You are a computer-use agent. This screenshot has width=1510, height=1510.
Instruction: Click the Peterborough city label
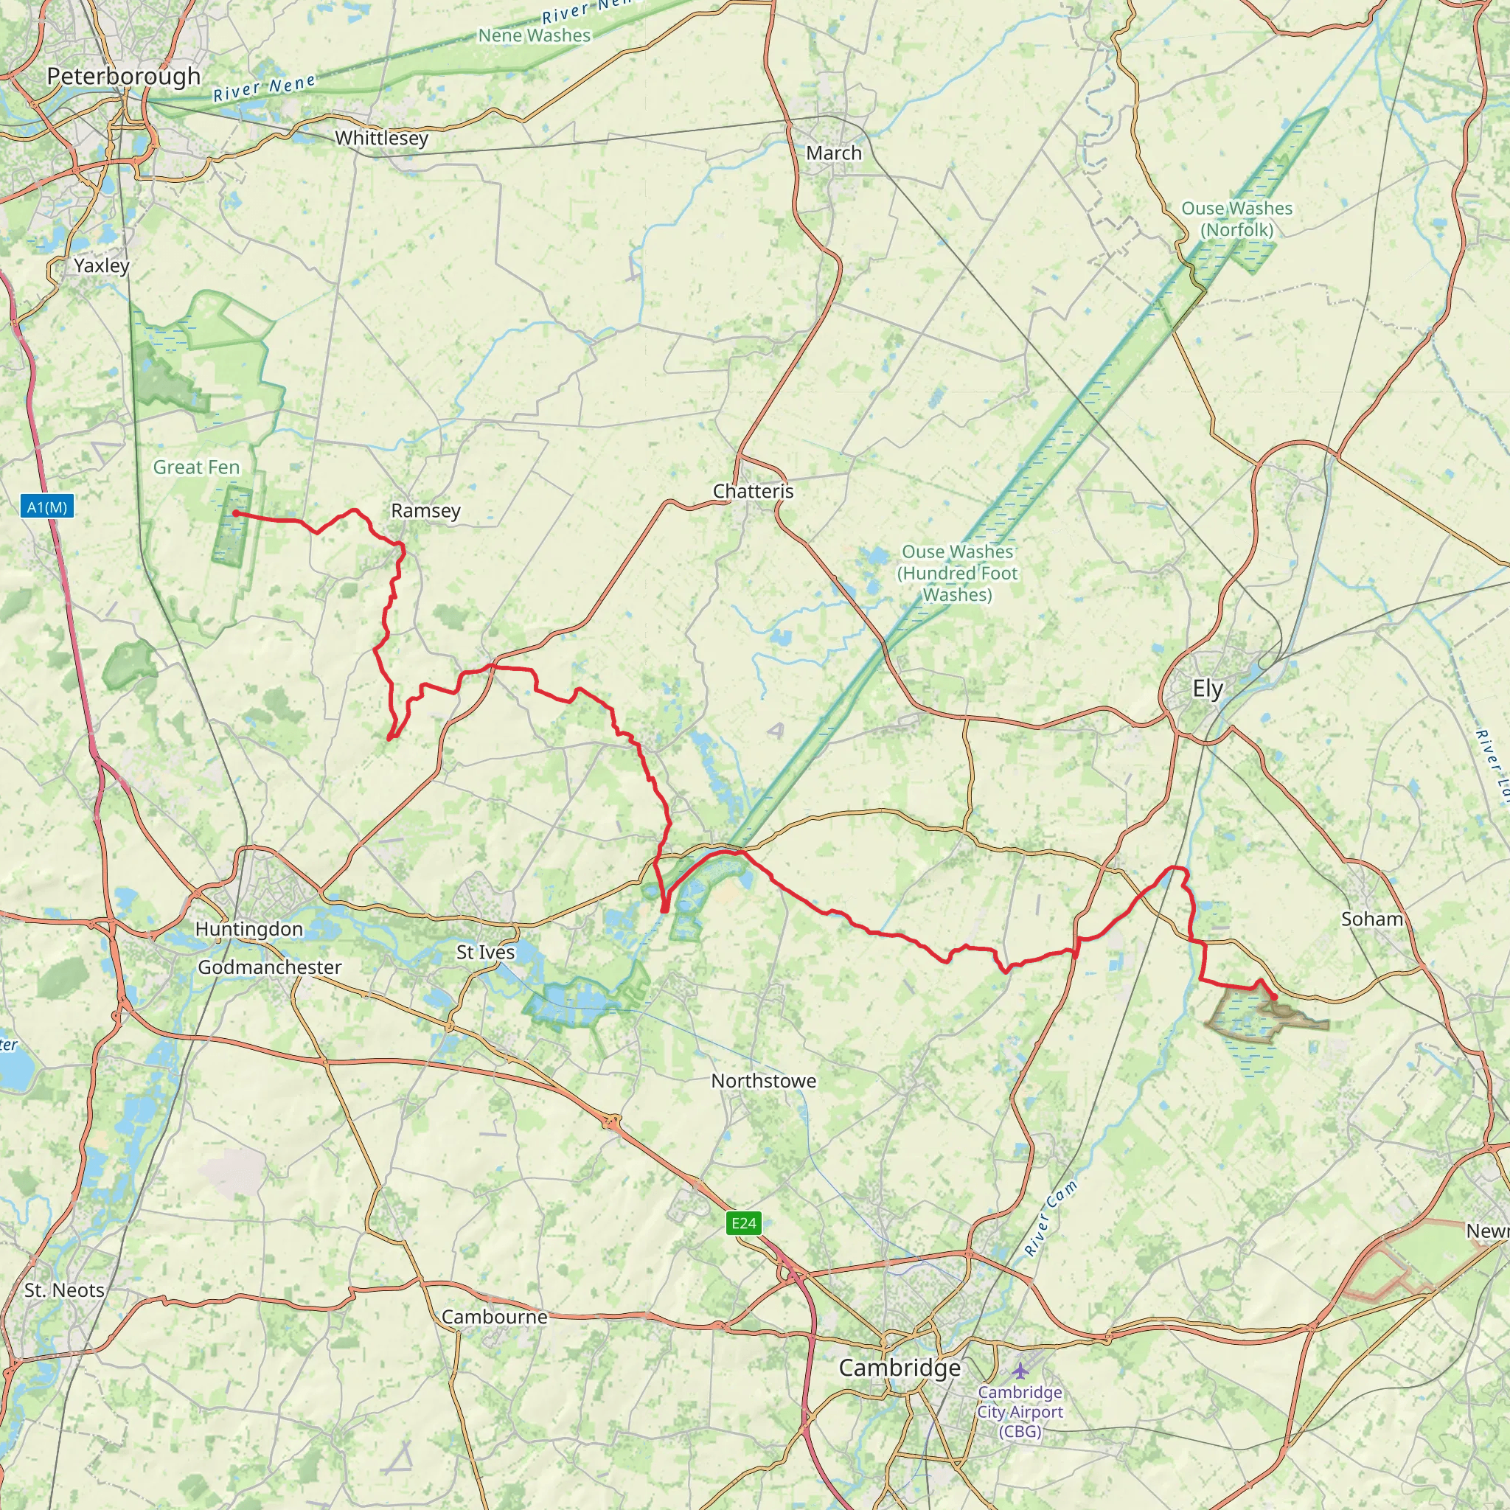coord(123,77)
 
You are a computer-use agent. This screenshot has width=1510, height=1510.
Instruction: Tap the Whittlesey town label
coord(381,139)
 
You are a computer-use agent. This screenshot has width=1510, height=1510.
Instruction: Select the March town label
coord(834,153)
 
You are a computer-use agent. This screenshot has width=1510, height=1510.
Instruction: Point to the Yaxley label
coord(102,265)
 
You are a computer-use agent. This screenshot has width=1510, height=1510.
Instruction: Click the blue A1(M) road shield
coord(47,507)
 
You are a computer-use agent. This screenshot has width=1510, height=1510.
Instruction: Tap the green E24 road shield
coord(743,1223)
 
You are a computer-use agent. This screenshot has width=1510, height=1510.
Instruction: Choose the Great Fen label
coord(196,467)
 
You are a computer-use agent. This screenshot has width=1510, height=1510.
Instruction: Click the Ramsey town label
coord(426,511)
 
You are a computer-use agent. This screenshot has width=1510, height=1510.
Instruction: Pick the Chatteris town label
coord(753,492)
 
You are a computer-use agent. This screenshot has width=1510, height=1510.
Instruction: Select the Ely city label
coord(1208,689)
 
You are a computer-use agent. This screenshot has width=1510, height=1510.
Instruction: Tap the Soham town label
coord(1371,919)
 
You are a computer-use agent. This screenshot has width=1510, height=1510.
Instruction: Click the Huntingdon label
coord(248,929)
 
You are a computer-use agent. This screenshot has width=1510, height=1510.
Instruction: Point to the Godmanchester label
coord(270,967)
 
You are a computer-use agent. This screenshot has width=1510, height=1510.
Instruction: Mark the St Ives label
coord(485,953)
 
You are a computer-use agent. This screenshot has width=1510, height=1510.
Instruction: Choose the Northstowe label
coord(764,1081)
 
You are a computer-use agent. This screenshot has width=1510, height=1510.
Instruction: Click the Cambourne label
coord(494,1317)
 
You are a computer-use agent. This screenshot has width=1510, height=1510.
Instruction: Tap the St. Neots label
coord(64,1290)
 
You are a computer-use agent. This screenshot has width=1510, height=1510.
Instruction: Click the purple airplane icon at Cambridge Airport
coord(1019,1371)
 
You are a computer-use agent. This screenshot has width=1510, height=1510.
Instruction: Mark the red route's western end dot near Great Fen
coord(235,513)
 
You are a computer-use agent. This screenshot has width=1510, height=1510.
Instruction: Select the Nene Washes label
coord(535,36)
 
